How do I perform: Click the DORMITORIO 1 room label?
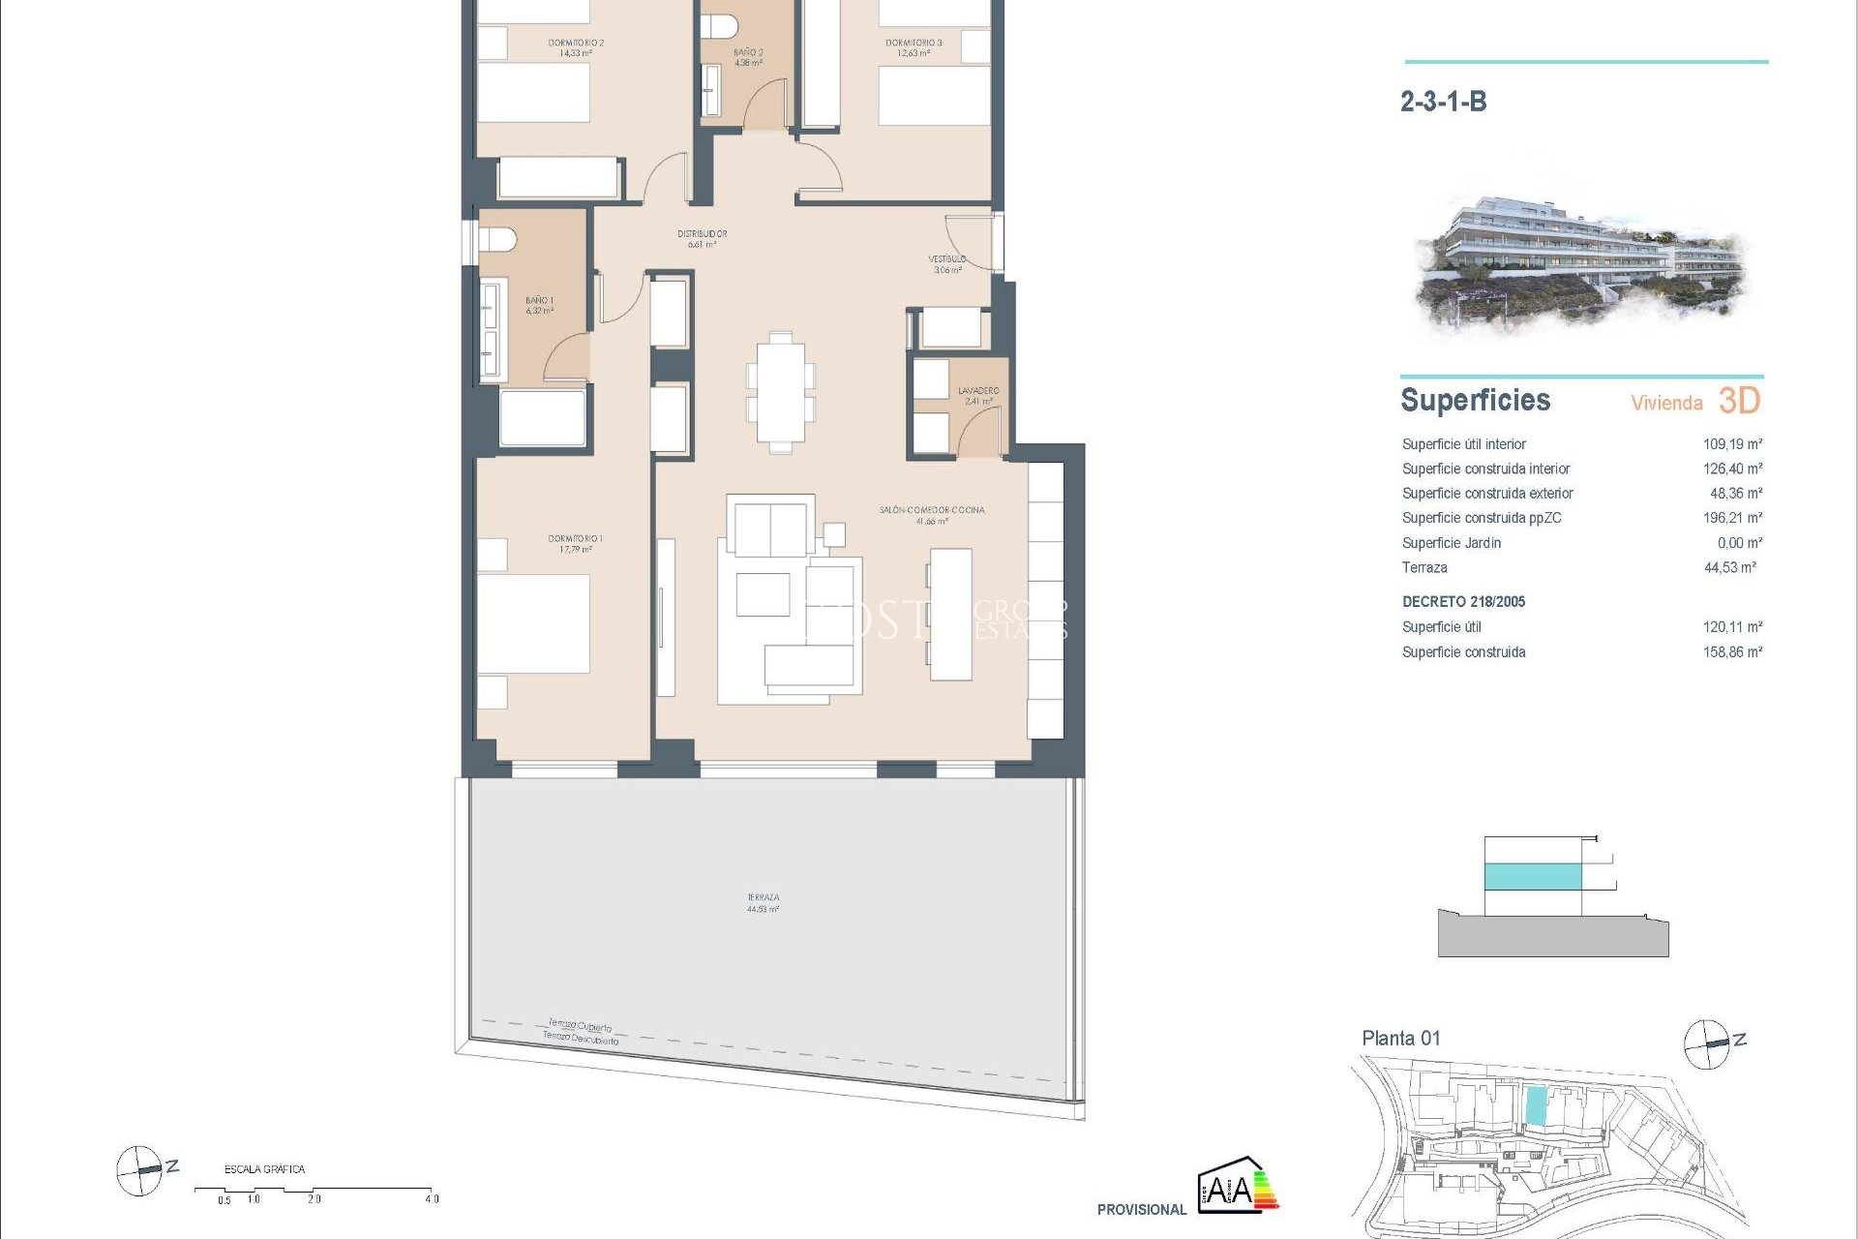coord(575,543)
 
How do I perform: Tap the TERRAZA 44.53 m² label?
coord(763,903)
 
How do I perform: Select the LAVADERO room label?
coord(978,395)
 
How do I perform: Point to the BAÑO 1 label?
coord(539,306)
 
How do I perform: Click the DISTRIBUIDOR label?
coord(702,238)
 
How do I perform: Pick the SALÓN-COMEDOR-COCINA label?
coord(931,515)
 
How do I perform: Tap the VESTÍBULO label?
coord(947,263)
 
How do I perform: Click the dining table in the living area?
coord(780,392)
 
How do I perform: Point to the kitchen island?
coord(950,614)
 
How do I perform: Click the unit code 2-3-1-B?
coord(1443,102)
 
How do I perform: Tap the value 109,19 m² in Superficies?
coord(1732,444)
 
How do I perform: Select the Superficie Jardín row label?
coord(1451,543)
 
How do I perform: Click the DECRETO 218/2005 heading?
coord(1463,602)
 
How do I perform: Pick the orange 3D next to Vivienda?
coord(1739,401)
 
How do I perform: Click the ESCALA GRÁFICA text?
coord(264,1169)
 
